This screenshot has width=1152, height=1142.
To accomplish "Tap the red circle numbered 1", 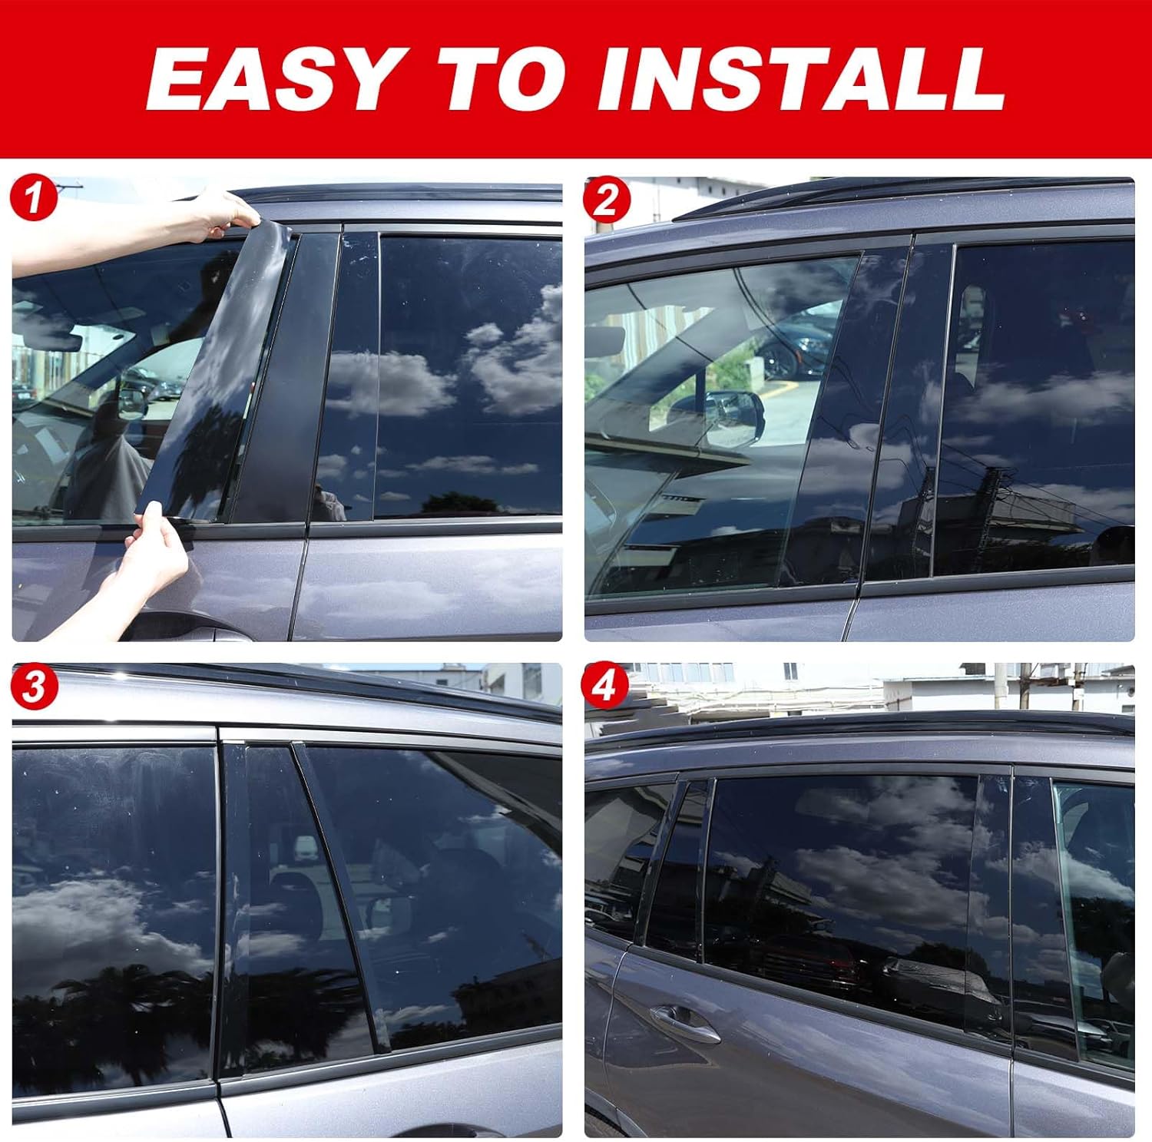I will pos(32,200).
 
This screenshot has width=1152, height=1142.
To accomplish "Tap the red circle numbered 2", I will pos(606,200).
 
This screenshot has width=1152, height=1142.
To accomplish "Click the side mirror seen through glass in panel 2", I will pos(733,415).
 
